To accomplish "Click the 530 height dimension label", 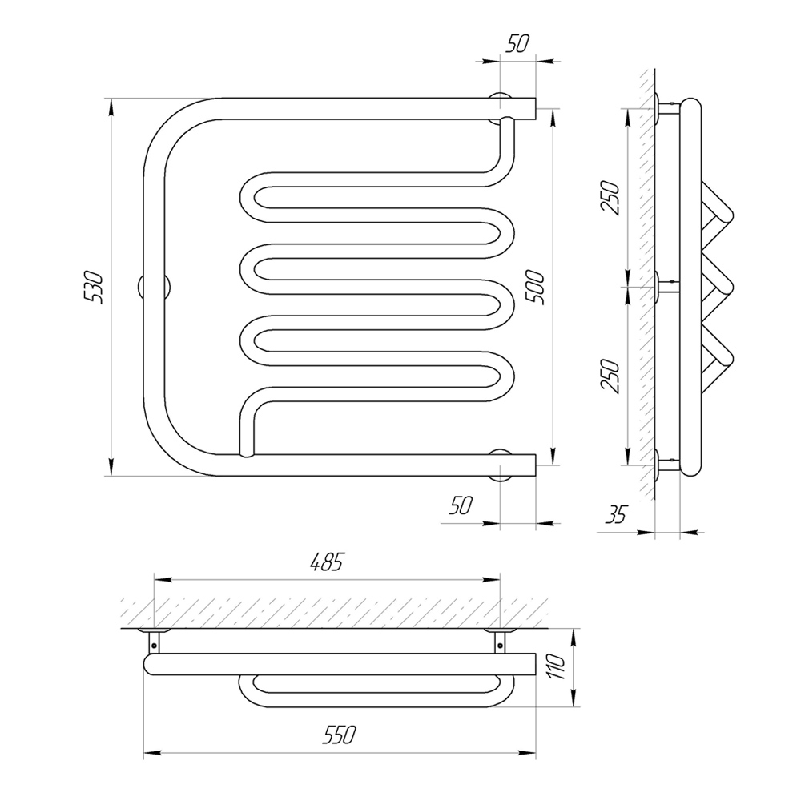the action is pos(95,288).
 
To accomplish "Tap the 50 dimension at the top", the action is pos(517,44).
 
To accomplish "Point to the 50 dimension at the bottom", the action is pos(461,505).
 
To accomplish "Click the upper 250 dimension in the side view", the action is pos(610,198).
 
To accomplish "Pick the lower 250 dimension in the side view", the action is pos(610,376).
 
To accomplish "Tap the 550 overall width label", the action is pos(339,735).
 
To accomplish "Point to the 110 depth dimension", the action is pos(557,667).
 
